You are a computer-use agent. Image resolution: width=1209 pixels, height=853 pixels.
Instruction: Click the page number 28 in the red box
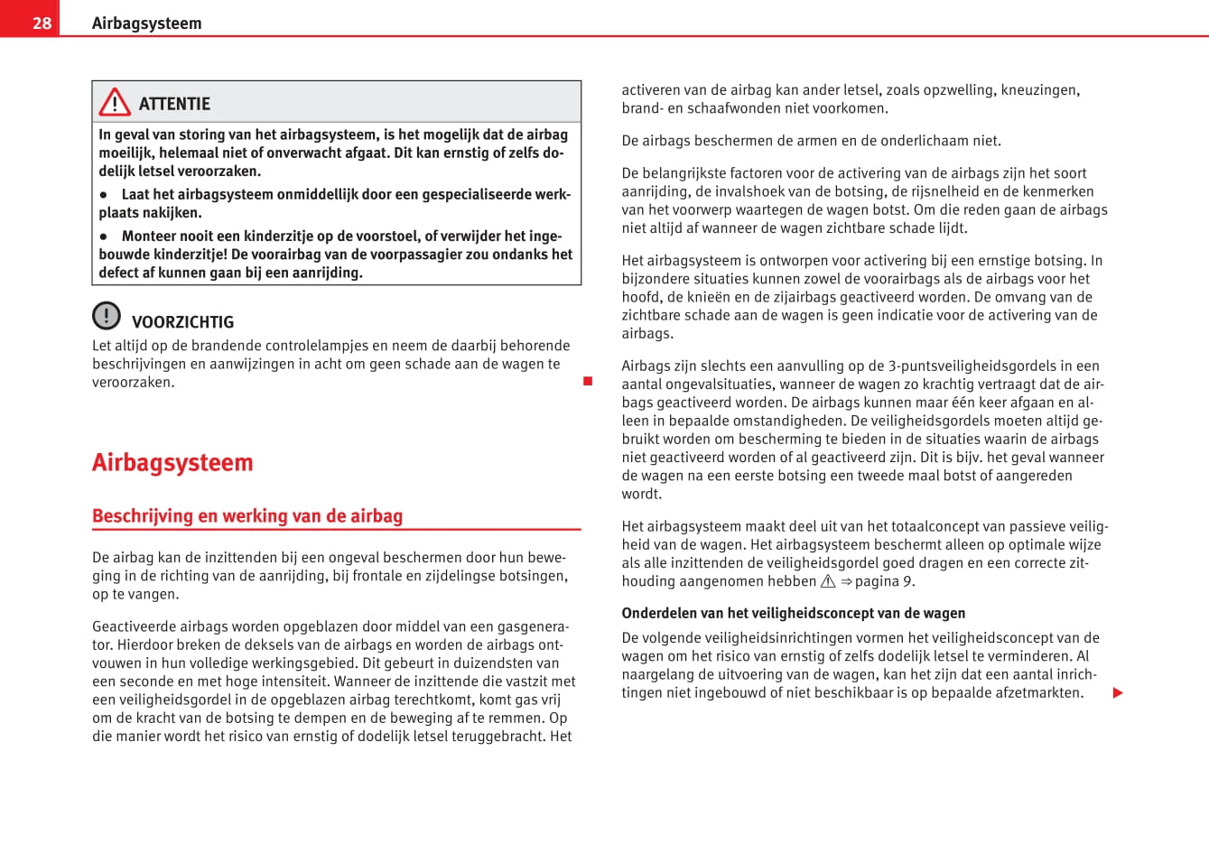[x=42, y=23]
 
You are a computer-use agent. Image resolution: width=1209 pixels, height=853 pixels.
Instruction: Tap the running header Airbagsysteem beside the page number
[x=146, y=23]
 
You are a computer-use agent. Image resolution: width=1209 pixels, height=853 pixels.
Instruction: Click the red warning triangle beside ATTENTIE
[x=115, y=103]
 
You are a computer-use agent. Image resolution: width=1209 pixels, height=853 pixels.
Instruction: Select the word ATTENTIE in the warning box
[x=174, y=104]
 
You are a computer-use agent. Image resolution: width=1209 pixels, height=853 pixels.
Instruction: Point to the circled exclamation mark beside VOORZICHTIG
[x=106, y=315]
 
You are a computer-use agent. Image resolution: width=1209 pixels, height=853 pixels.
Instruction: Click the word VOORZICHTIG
[x=182, y=322]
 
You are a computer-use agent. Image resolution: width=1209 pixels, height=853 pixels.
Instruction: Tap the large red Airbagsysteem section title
[x=172, y=462]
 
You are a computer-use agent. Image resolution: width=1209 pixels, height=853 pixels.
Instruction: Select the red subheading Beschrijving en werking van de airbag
[x=247, y=516]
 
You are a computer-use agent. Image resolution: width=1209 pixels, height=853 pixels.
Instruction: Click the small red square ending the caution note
[x=588, y=381]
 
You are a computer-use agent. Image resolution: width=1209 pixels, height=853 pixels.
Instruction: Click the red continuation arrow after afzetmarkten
[x=1118, y=693]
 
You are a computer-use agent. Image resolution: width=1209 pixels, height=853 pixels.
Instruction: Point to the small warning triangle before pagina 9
[x=828, y=582]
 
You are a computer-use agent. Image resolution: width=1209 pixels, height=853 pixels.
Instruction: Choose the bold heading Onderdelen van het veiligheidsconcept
[x=793, y=614]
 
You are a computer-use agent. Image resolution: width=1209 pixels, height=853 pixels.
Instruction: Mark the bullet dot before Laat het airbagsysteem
[x=104, y=195]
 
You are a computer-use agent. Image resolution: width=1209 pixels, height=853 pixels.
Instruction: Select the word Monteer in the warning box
[x=151, y=236]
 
